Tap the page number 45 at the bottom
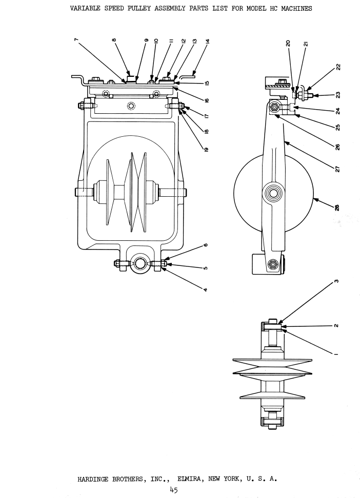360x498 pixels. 174,489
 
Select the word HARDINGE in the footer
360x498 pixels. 93,479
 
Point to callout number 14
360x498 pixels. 207,41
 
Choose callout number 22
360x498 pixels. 338,67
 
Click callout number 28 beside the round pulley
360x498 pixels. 337,208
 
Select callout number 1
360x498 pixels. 336,354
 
